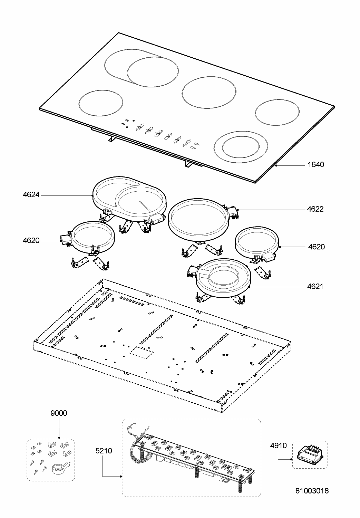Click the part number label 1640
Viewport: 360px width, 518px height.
click(315, 165)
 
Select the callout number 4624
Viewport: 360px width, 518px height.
click(31, 195)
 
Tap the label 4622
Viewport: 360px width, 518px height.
click(315, 209)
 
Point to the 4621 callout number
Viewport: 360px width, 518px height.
click(315, 287)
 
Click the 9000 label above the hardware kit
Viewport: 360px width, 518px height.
click(59, 413)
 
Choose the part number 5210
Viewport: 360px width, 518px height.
click(104, 451)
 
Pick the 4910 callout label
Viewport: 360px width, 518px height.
click(278, 446)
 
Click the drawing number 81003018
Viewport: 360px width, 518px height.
click(312, 491)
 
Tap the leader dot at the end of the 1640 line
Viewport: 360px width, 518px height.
click(277, 166)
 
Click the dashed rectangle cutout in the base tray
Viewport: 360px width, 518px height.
click(142, 352)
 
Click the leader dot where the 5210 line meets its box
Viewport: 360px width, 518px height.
click(120, 477)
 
